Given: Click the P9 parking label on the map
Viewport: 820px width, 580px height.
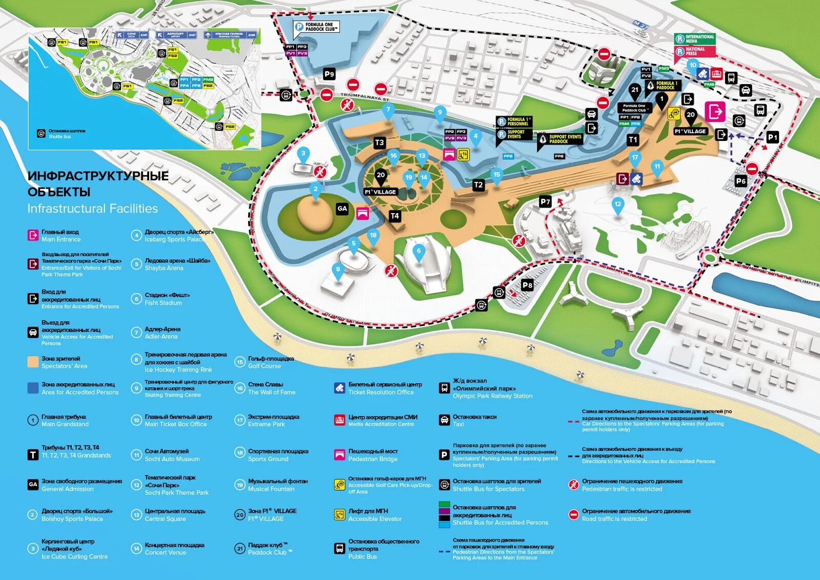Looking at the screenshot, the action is click(329, 74).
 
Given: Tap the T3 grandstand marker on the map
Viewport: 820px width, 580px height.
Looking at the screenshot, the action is click(379, 143).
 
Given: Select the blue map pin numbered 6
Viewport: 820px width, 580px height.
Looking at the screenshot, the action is click(419, 251).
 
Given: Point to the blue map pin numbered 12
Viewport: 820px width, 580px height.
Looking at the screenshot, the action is click(618, 204).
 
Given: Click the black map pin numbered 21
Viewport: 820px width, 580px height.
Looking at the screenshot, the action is click(635, 90).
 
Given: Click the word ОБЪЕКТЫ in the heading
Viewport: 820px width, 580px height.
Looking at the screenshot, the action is click(59, 192).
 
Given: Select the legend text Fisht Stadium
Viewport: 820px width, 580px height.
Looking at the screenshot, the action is click(163, 303).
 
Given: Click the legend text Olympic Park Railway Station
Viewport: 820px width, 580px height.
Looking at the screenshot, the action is click(492, 396).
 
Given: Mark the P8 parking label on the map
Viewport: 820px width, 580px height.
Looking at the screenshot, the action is click(527, 285).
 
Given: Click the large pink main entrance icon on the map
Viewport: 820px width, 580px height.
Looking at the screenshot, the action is click(715, 111).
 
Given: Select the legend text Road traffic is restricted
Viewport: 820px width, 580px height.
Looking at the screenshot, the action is click(614, 519).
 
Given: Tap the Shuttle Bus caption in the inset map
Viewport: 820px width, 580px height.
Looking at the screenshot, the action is click(60, 137).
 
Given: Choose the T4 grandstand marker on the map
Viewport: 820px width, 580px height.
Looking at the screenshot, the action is click(395, 216).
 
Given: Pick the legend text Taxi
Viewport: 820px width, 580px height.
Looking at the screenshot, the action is click(458, 424).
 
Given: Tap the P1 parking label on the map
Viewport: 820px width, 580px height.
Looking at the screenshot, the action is click(772, 137).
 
